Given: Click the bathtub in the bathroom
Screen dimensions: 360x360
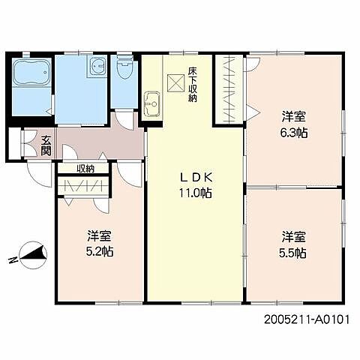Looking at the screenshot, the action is coord(31,72).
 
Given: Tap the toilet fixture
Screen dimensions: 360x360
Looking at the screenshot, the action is coord(124,64).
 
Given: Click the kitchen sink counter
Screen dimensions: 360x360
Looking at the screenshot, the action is coord(152,104).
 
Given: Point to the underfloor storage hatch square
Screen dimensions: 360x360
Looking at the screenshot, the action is coord(175,82).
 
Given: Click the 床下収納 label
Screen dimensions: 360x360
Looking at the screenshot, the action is coord(193,84).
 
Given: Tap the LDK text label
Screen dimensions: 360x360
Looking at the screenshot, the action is coord(196,178).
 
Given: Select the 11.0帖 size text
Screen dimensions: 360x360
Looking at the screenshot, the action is coord(196,193).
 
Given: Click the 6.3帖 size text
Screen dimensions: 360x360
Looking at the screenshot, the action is coord(294,133).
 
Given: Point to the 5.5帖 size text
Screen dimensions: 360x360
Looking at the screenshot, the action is coord(292,253).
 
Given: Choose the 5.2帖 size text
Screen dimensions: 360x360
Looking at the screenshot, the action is coord(100,251).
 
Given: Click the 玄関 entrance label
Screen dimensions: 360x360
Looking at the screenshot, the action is coord(46,145).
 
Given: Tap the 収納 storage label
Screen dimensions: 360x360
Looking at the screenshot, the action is coord(85,169).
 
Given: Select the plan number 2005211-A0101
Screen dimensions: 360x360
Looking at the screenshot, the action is coord(307,319).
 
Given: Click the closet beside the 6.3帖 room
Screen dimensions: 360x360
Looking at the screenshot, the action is coord(229,89).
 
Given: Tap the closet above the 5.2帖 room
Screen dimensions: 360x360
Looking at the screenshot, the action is coord(83,185).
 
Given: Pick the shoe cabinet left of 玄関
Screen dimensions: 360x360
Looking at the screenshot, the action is coord(15,143).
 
